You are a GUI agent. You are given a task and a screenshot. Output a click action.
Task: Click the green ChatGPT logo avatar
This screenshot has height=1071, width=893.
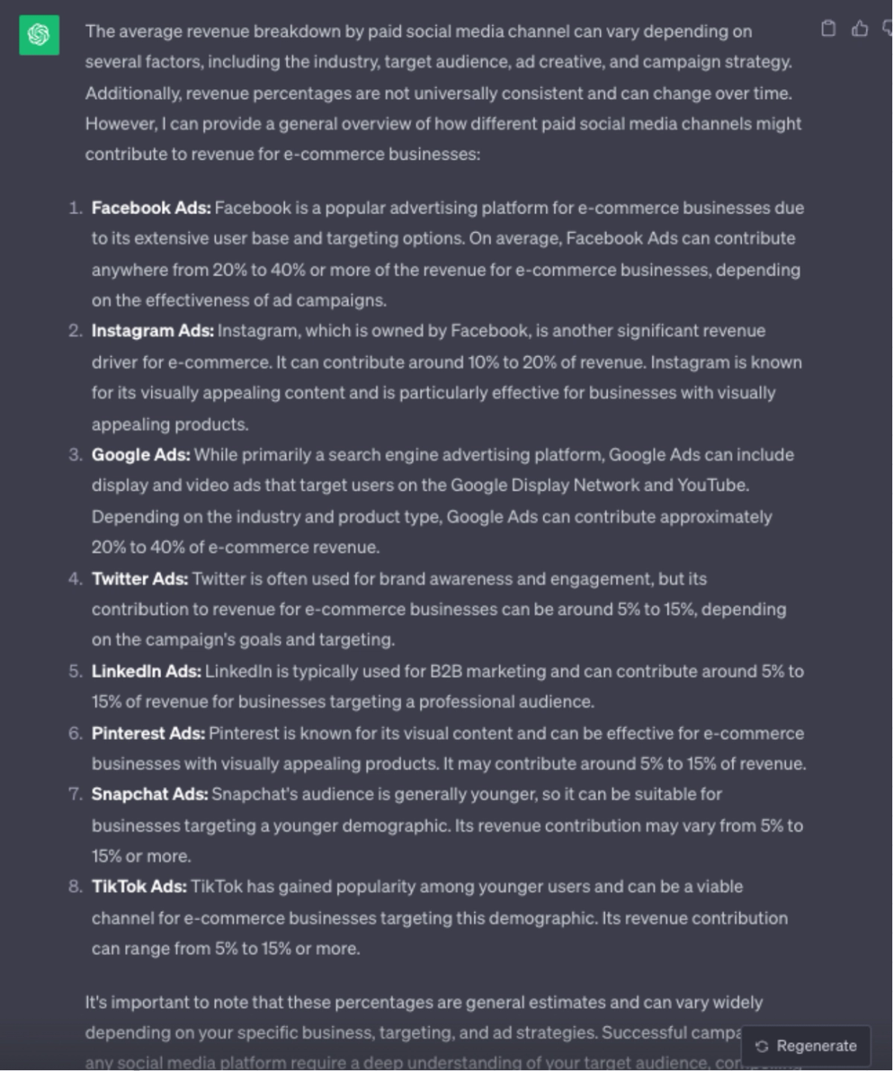pyautogui.click(x=39, y=35)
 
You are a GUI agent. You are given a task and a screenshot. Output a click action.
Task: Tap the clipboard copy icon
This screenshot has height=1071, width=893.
pyautogui.click(x=828, y=29)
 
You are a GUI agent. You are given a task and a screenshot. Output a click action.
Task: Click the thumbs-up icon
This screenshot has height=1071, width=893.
pyautogui.click(x=860, y=29)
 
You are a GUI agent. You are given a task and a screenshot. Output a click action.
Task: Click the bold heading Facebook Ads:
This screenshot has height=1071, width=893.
pyautogui.click(x=151, y=208)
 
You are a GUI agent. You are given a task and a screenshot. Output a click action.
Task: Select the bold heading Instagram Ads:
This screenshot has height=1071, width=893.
pyautogui.click(x=153, y=331)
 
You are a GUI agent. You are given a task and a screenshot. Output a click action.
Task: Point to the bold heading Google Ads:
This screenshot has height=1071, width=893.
pyautogui.click(x=140, y=454)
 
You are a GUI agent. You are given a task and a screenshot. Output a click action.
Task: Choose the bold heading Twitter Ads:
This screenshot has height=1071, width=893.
pyautogui.click(x=140, y=579)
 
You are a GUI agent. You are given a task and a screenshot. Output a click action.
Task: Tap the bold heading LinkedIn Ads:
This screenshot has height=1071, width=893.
pyautogui.click(x=146, y=671)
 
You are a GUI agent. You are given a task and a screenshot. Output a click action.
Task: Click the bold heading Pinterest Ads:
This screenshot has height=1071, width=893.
pyautogui.click(x=148, y=733)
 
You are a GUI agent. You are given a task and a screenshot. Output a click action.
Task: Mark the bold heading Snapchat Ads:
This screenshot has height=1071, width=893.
pyautogui.click(x=149, y=794)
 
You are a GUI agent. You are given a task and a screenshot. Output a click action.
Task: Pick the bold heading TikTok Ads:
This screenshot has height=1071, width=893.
pyautogui.click(x=139, y=887)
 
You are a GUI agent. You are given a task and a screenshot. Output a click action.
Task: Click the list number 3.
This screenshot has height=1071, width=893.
pyautogui.click(x=75, y=454)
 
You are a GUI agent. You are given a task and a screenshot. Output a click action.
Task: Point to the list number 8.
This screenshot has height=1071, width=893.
pyautogui.click(x=75, y=887)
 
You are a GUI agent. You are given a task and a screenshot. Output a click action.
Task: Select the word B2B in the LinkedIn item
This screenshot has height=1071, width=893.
pyautogui.click(x=446, y=671)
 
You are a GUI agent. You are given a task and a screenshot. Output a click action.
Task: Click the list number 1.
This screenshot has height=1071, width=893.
pyautogui.click(x=75, y=208)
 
